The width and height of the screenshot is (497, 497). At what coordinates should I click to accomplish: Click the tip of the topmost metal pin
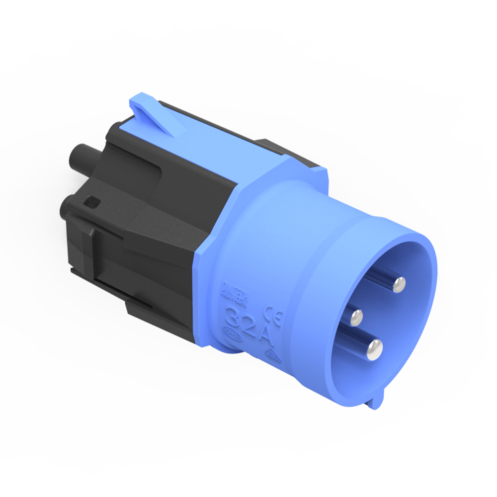click(398, 284)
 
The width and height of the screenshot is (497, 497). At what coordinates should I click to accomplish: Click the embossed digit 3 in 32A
click(233, 314)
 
